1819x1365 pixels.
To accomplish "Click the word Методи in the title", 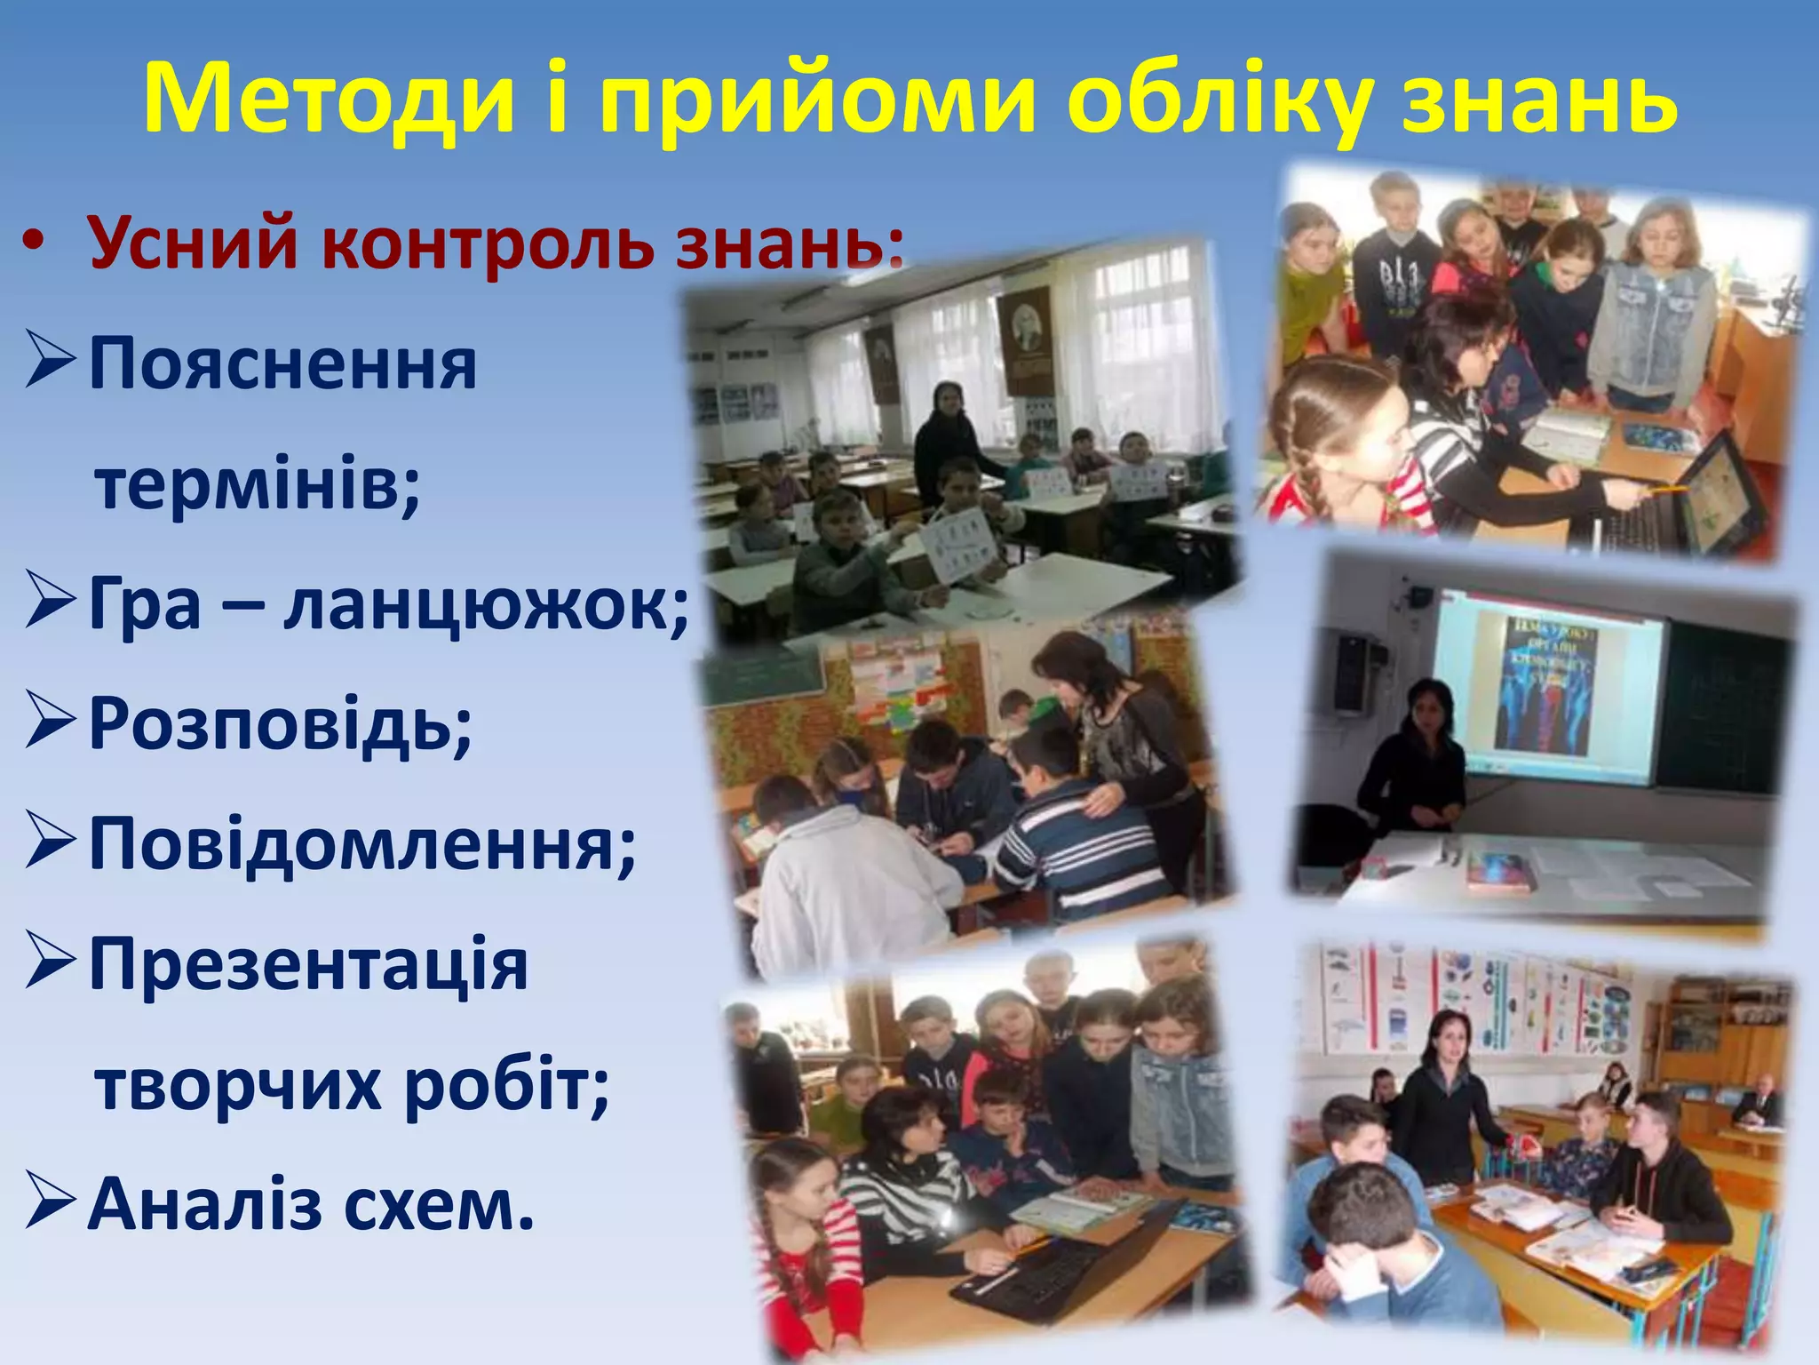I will point(330,98).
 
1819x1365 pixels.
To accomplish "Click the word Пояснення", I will point(282,364).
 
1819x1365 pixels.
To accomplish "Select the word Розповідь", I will point(281,724).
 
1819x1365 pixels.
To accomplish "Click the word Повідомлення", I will point(362,844).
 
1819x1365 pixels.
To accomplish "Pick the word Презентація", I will point(308,965).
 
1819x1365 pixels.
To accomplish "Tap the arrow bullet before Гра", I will point(50,604).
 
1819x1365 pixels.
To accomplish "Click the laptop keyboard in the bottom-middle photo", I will point(1048,1271).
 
